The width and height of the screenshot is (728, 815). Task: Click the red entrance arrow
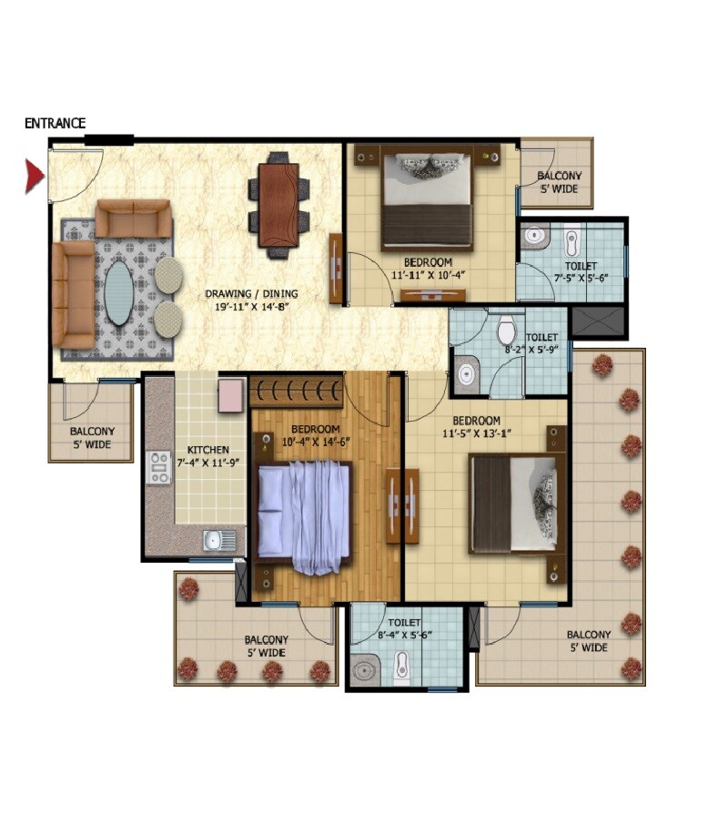34,175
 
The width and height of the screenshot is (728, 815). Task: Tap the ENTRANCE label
55,123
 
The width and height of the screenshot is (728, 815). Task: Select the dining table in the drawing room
278,204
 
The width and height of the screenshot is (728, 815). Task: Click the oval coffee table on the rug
118,293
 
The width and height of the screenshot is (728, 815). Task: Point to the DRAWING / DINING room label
251,301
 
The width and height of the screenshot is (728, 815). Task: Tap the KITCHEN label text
208,450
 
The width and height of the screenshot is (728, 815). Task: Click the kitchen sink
217,540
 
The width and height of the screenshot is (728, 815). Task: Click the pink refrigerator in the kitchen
231,394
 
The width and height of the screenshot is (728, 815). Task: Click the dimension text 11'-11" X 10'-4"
428,274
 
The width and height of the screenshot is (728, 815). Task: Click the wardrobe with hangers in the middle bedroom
297,392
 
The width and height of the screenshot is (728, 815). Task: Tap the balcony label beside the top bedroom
559,182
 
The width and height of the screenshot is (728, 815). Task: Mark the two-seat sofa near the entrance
134,218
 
